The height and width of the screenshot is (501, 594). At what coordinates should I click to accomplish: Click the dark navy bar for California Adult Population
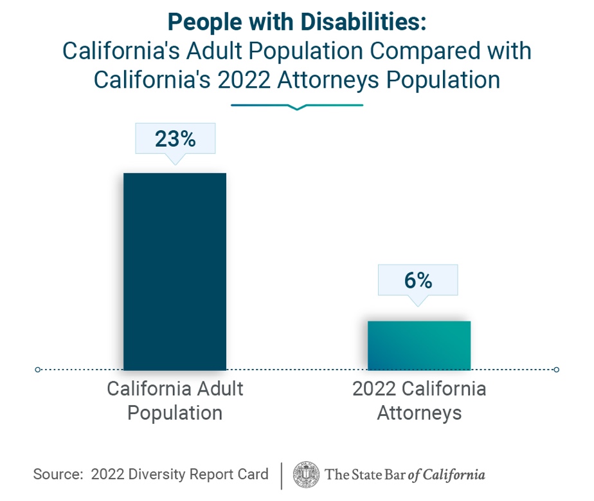(x=174, y=271)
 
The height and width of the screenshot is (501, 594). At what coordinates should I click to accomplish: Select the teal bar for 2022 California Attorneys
(x=419, y=345)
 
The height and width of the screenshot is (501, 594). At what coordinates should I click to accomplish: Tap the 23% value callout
(x=175, y=138)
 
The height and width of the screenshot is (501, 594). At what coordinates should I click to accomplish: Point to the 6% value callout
(x=419, y=280)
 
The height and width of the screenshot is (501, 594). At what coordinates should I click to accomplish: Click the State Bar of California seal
(x=306, y=475)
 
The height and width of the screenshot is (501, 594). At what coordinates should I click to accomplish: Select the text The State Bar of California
(x=405, y=475)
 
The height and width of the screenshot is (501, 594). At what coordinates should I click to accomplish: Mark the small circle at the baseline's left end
(x=38, y=370)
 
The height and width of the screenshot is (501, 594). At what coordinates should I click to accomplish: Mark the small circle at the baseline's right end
(x=556, y=370)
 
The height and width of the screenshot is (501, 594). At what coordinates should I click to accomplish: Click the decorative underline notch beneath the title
(x=296, y=108)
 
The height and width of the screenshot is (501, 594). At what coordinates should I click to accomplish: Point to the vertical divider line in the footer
(x=281, y=475)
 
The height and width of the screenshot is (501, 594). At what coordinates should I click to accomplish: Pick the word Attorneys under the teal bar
(x=419, y=412)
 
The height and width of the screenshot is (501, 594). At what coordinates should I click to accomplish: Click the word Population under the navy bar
(x=175, y=412)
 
